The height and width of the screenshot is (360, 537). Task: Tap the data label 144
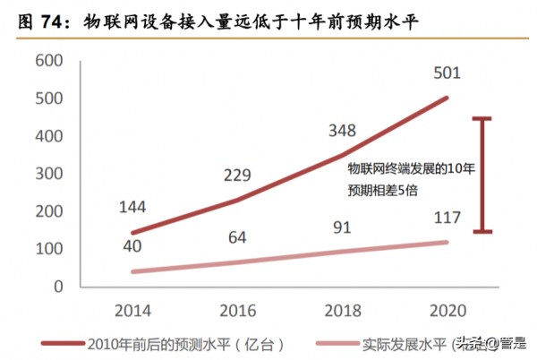pos(132,209)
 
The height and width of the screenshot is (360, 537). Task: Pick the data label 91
pos(343,227)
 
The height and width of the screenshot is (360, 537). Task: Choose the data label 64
pos(237,237)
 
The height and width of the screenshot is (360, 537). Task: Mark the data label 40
pos(132,244)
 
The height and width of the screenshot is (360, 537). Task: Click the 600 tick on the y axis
pos(46,60)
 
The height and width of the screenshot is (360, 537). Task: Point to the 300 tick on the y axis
pos(46,173)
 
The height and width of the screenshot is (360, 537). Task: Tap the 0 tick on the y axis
pos(55,287)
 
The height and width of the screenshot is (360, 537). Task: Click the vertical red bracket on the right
pos(483,175)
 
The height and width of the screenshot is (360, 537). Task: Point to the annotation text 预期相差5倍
pos(383,190)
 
